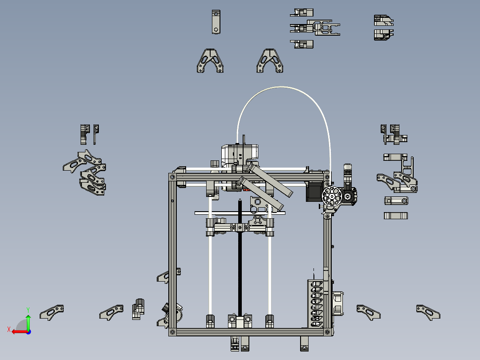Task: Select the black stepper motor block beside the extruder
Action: point(313,192)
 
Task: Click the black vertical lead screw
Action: point(240,267)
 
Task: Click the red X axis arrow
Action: point(17,331)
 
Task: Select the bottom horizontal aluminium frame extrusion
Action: point(249,332)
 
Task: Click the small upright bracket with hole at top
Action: point(216,22)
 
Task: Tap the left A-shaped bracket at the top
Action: point(210,61)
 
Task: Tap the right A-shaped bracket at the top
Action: point(270,61)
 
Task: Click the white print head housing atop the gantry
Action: point(240,154)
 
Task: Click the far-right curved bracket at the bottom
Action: point(428,312)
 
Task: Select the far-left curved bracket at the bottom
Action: point(52,312)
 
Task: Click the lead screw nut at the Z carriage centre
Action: point(240,227)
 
